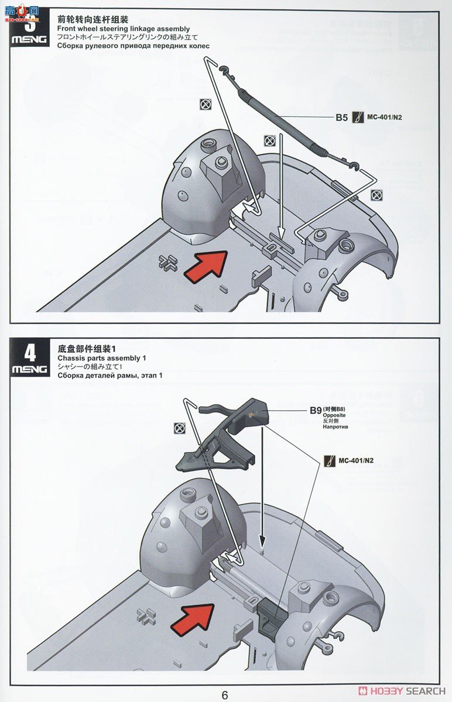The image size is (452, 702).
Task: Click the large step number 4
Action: (x=30, y=353)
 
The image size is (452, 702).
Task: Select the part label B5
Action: (x=341, y=118)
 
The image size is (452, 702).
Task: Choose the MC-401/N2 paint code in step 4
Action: (x=355, y=460)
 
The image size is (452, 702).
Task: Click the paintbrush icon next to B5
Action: (x=357, y=118)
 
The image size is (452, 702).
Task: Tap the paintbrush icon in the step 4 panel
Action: (x=329, y=460)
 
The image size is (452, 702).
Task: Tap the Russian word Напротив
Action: (x=335, y=427)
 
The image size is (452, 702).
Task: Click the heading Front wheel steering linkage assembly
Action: (x=124, y=29)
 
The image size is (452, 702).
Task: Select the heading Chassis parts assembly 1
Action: (x=102, y=358)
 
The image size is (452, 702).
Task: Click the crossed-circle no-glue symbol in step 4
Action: (x=179, y=428)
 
